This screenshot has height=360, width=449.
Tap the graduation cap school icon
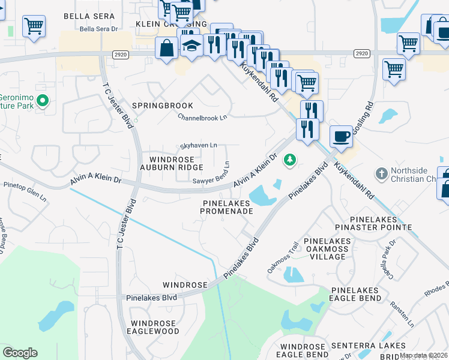(x=191, y=47)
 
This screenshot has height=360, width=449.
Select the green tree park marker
(x=291, y=160)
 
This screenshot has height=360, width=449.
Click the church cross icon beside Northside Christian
(x=381, y=174)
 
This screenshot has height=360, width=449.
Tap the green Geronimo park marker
(x=42, y=101)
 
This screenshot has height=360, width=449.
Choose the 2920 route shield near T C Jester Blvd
(x=120, y=54)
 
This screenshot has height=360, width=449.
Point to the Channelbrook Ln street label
(x=203, y=118)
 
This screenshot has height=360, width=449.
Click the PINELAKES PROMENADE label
(x=226, y=208)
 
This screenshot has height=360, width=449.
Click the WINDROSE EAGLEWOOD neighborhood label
(x=154, y=327)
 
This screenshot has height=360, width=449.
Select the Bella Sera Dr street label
(x=99, y=29)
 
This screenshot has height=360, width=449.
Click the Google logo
(x=20, y=353)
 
